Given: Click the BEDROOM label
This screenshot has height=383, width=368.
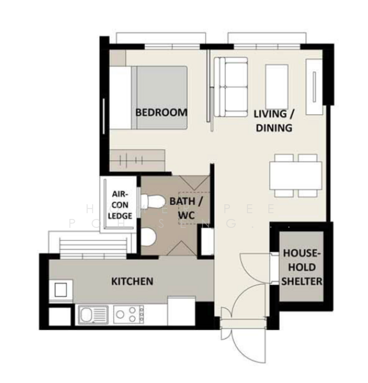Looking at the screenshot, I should pyautogui.click(x=162, y=112).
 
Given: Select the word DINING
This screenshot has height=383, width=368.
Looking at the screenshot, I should pyautogui.click(x=274, y=128).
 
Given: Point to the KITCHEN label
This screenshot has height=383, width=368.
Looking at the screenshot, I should pyautogui.click(x=132, y=281).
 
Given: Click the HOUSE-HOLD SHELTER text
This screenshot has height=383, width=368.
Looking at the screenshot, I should pyautogui.click(x=302, y=266).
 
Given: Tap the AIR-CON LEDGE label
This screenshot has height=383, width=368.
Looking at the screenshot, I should pyautogui.click(x=121, y=205).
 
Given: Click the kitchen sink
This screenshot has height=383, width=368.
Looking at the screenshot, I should pyautogui.click(x=93, y=315).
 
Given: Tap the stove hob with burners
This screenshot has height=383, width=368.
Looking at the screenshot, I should pyautogui.click(x=128, y=315).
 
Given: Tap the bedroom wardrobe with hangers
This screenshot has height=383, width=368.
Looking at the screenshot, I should pyautogui.click(x=137, y=159).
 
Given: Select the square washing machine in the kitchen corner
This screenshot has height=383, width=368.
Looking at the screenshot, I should pyautogui.click(x=61, y=289).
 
